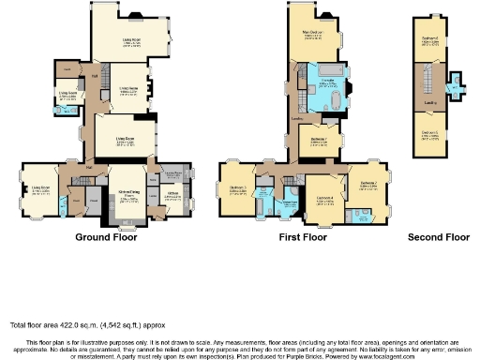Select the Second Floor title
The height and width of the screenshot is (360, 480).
click(x=439, y=238)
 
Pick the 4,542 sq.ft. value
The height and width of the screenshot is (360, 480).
click(x=110, y=325)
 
